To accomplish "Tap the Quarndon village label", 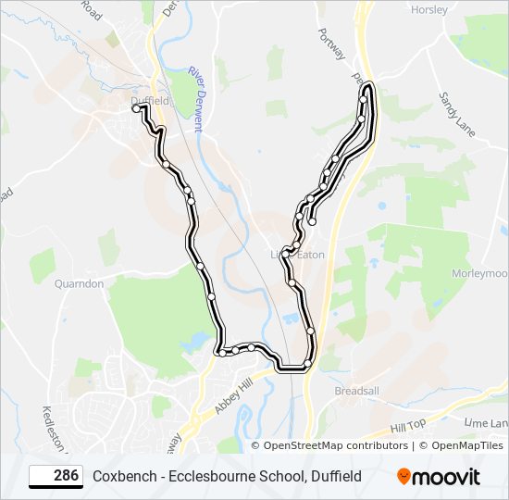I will (x=79, y=283).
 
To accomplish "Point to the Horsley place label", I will (x=429, y=9).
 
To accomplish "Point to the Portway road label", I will (x=331, y=42).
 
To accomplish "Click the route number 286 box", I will (x=56, y=476).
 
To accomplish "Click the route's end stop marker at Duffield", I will (x=136, y=108).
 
